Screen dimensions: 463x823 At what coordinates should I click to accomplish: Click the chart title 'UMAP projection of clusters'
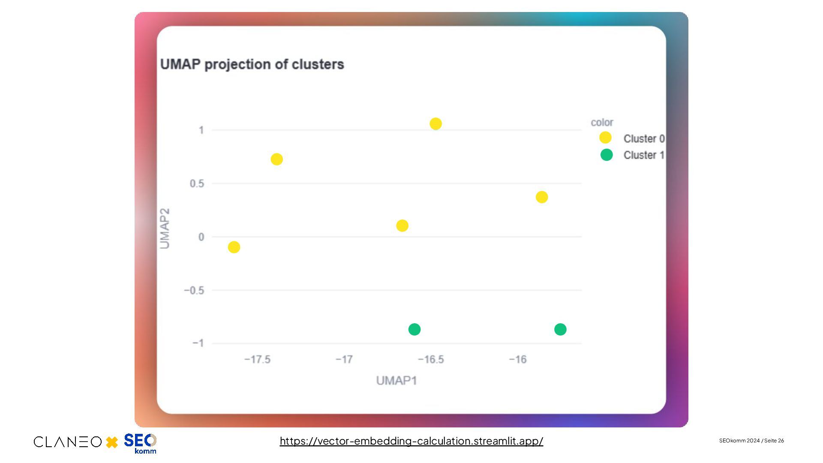252,64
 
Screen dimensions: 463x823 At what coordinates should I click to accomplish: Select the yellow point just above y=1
436,124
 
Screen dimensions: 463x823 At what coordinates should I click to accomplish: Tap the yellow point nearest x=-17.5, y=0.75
277,159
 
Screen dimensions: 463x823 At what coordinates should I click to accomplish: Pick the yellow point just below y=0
234,247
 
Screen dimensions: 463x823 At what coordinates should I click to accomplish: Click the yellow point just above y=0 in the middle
402,225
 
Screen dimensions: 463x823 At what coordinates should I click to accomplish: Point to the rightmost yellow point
542,197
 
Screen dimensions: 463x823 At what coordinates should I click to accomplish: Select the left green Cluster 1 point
415,329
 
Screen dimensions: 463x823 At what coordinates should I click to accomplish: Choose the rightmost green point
560,329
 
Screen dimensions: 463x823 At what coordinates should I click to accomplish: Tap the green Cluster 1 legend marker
607,155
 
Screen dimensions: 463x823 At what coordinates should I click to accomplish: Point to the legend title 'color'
602,123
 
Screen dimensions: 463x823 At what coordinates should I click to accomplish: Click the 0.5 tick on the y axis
197,183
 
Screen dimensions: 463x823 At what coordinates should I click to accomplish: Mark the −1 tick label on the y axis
198,343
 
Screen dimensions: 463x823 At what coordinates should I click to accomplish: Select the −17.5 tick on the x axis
257,359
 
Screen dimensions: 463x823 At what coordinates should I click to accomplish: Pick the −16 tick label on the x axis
518,359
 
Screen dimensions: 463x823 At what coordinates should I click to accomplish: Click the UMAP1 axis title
396,381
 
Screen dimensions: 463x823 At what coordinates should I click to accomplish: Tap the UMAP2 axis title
165,228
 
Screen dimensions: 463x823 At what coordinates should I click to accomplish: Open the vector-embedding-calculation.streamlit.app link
411,441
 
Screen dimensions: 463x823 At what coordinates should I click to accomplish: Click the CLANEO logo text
68,442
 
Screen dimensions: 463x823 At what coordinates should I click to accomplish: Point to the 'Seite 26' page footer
774,441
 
